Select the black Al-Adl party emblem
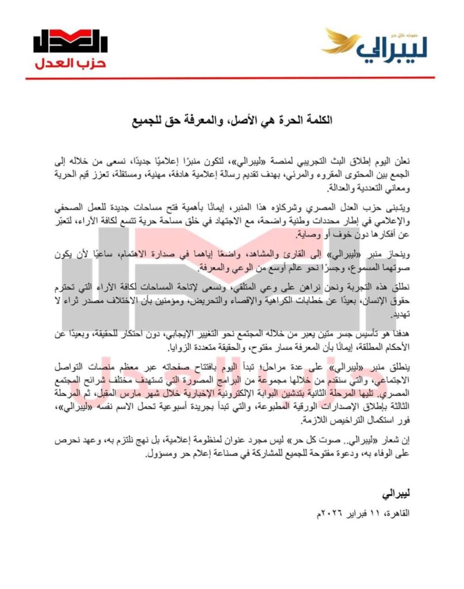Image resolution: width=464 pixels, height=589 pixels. [x=70, y=41]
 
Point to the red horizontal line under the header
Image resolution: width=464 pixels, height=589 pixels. [x=230, y=78]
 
